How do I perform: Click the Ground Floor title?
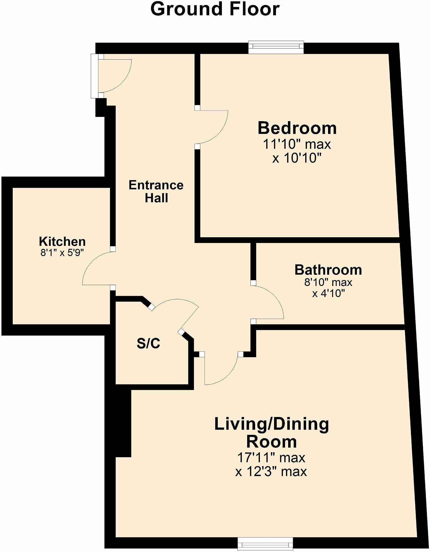coord(215,9)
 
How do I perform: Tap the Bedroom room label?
coord(297,128)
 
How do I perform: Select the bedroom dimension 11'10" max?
coord(297,144)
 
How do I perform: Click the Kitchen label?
coord(62,241)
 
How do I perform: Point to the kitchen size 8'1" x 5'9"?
coord(62,252)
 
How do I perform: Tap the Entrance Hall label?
coord(156,191)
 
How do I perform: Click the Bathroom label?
coord(328,270)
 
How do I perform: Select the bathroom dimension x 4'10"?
coord(328,293)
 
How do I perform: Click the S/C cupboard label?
coord(149,344)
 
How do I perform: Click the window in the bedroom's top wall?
coord(276,47)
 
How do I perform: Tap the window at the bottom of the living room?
coord(265,543)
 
